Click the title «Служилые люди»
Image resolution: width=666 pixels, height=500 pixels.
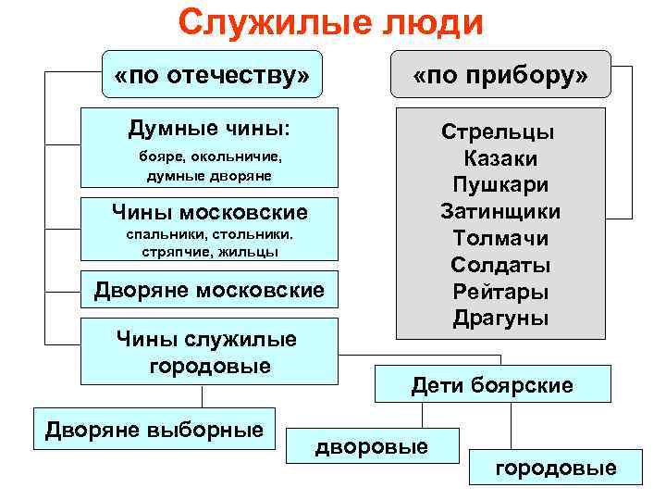pyautogui.click(x=331, y=23)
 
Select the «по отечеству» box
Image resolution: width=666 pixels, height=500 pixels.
pyautogui.click(x=212, y=74)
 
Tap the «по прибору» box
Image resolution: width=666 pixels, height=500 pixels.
pyautogui.click(x=500, y=74)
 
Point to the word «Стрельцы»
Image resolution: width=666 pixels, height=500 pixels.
pyautogui.click(x=499, y=131)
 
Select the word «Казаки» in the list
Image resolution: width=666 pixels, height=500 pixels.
pyautogui.click(x=500, y=158)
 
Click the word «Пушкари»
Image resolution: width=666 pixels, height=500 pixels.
pyautogui.click(x=500, y=185)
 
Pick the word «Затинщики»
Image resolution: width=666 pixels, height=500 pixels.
pyautogui.click(x=500, y=212)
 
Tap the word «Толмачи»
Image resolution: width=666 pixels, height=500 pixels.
pyautogui.click(x=500, y=239)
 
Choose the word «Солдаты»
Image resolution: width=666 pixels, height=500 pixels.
pyautogui.click(x=500, y=266)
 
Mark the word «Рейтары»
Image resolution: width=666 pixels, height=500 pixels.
pyautogui.click(x=500, y=293)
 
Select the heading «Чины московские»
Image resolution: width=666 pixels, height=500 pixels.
pyautogui.click(x=209, y=213)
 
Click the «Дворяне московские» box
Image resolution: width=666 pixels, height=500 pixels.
pyautogui.click(x=209, y=291)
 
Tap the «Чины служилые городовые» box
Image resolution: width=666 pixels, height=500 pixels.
pyautogui.click(x=209, y=352)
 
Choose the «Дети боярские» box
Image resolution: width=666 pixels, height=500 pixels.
pyautogui.click(x=492, y=384)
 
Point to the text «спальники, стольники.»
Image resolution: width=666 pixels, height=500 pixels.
pyautogui.click(x=209, y=235)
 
